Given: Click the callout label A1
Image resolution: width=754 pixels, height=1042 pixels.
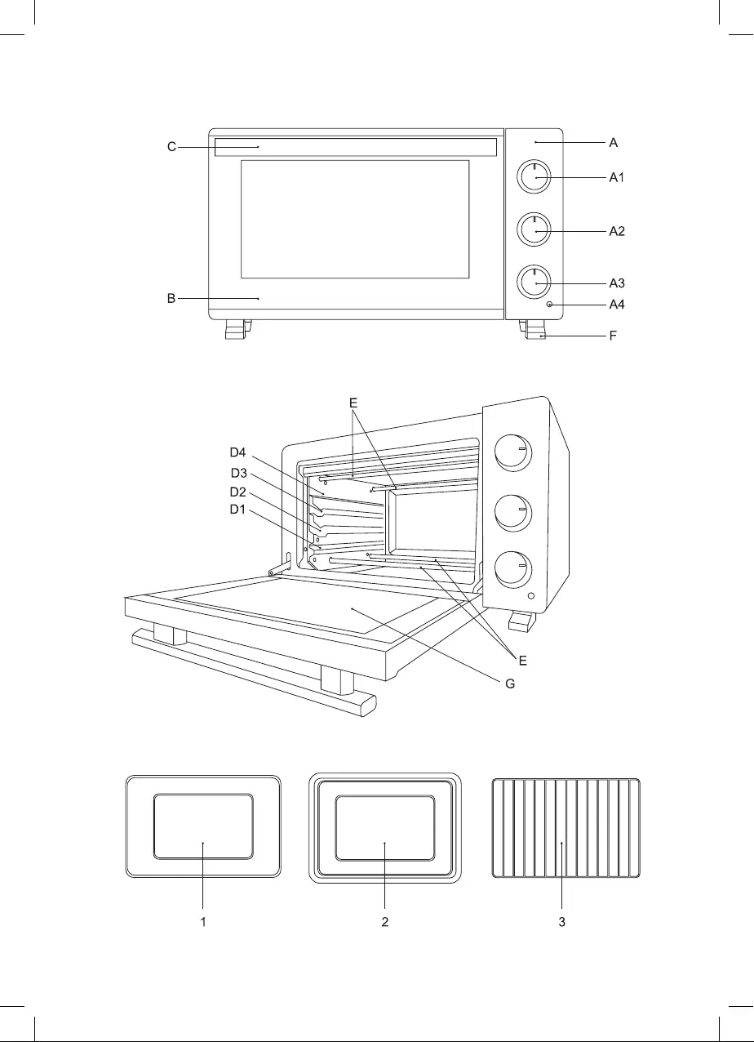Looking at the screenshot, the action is pos(616,177).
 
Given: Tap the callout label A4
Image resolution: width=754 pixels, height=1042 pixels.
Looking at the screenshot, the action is pos(617,305).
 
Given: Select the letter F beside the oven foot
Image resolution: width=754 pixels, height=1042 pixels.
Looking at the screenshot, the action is pos(613,336).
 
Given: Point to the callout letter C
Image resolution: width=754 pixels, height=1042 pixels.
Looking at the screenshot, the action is pos(171,147).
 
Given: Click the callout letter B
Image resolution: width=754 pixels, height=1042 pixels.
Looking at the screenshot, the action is pos(171,298).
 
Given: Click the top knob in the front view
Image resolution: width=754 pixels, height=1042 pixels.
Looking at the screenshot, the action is pos(534,177).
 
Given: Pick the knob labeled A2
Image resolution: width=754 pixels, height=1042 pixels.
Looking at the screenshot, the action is pos(534,230).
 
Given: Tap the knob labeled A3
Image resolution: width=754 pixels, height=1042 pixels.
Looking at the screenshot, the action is pos(534,283).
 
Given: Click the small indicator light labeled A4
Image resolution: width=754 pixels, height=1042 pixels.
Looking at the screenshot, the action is pos(549,305).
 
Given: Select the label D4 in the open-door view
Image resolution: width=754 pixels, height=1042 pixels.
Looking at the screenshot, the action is pos(237,452).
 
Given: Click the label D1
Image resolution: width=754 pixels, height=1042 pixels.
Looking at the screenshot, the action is pos(237,510).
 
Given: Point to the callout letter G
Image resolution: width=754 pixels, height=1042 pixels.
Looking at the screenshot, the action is pos(510,684).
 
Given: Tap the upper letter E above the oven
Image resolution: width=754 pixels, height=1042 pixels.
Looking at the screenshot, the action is pos(353,403).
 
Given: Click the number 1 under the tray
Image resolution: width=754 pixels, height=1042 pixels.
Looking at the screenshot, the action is pos(203,921).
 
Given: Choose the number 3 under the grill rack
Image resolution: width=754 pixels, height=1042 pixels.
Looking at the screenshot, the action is pos(562,921).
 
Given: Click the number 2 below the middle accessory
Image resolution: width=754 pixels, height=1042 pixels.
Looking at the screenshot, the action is pos(385,921).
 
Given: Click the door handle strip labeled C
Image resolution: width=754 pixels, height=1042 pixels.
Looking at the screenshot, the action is pos(356,147).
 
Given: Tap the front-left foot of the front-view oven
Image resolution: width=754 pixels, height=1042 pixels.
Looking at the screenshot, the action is pos(237,329).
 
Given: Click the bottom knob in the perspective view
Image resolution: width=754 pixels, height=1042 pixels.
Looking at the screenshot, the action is pos(512,570).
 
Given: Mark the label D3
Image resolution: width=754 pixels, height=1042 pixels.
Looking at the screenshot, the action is pos(239,473).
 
